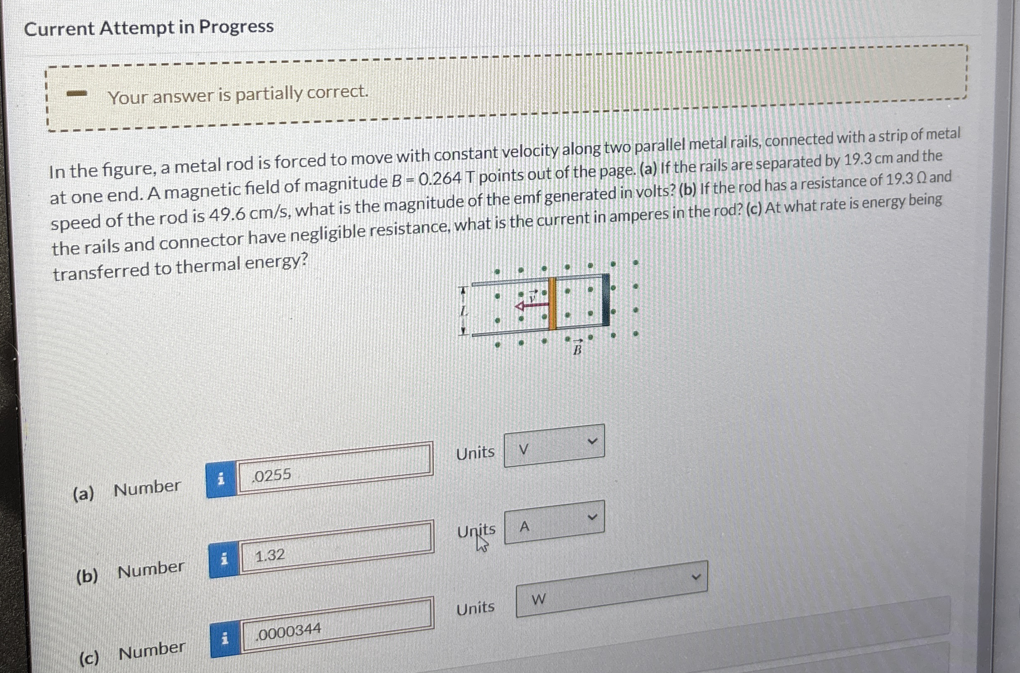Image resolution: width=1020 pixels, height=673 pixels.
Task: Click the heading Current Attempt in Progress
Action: coord(149,28)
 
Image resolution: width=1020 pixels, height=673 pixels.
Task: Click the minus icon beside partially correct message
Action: coord(77,93)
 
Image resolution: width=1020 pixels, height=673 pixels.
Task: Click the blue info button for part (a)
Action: coord(221,479)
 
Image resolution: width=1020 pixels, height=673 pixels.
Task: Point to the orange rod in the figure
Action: coord(553,303)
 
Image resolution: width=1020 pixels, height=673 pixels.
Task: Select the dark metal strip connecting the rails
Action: coord(606,299)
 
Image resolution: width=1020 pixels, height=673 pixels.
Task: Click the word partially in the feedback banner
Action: coord(269,93)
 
